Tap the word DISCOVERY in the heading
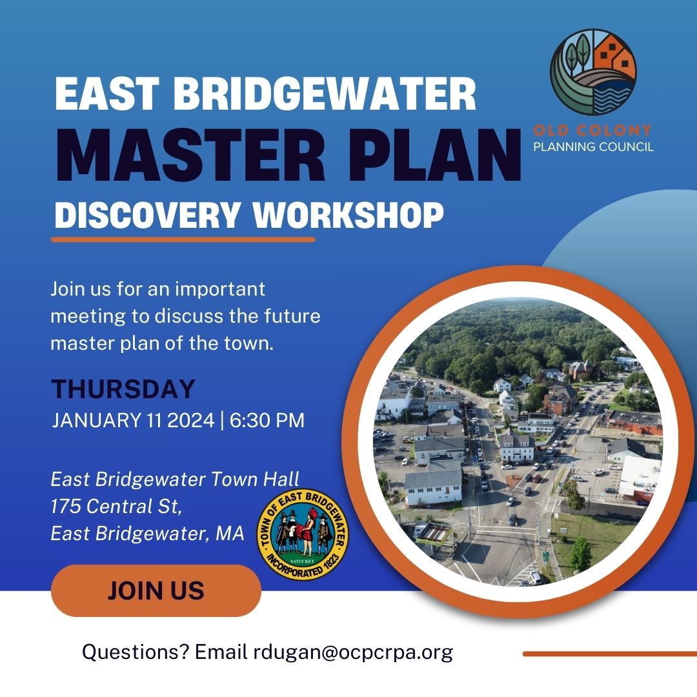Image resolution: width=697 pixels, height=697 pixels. tap(147, 216)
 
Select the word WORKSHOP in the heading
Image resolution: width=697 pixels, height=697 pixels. tap(348, 216)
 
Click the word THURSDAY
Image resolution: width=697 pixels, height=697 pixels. tap(123, 389)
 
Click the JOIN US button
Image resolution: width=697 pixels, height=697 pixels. tap(156, 591)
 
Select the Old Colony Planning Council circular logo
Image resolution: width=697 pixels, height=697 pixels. tap(593, 72)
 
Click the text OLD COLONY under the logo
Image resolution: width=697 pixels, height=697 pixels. tap(592, 130)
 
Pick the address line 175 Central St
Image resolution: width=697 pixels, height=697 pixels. tap(117, 507)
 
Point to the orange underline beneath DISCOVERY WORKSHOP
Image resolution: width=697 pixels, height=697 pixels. tap(183, 239)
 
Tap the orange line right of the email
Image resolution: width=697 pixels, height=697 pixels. tap(609, 654)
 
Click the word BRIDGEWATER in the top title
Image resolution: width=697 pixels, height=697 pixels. tap(325, 94)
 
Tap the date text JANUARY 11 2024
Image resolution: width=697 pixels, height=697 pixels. tap(133, 421)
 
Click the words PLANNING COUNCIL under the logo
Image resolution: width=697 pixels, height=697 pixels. tap(593, 146)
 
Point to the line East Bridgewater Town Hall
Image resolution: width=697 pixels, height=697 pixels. tap(175, 479)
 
